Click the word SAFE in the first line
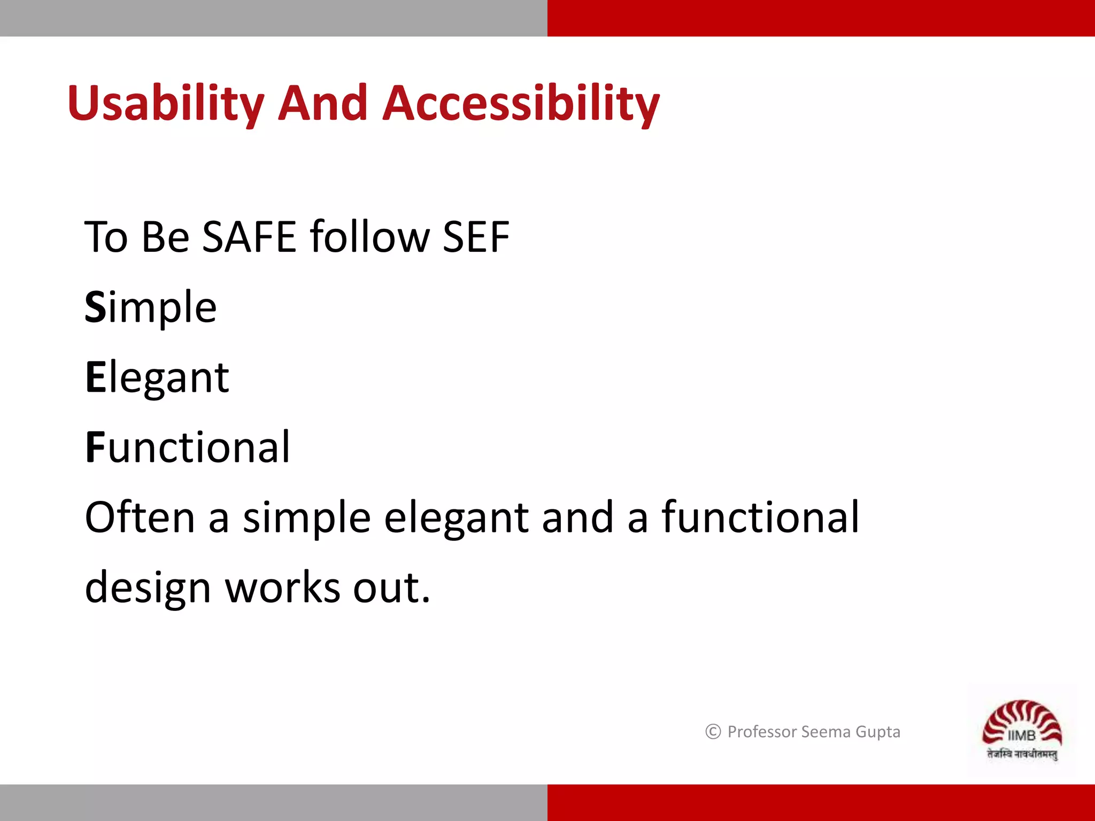(249, 237)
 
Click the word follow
(370, 237)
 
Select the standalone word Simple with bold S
(151, 308)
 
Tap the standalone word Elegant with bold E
(157, 378)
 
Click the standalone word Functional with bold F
(187, 447)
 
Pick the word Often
(140, 517)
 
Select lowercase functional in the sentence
(760, 517)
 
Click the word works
(283, 587)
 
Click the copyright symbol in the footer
(713, 731)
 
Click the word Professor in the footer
(762, 731)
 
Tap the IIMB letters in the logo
(1021, 736)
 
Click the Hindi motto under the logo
(1022, 754)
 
